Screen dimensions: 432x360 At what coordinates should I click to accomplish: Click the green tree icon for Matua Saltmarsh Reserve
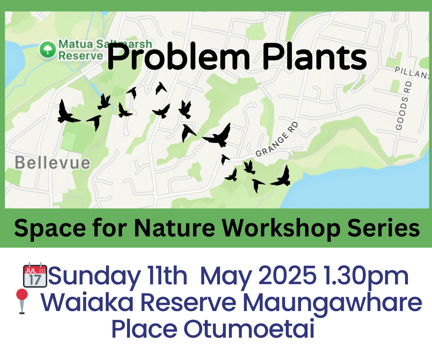48,49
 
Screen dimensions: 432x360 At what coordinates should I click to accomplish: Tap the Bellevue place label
53,163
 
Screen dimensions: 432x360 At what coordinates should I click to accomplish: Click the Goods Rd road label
404,106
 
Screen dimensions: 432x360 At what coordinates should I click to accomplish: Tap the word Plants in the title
314,56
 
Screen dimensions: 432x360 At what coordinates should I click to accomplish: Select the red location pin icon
22,301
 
